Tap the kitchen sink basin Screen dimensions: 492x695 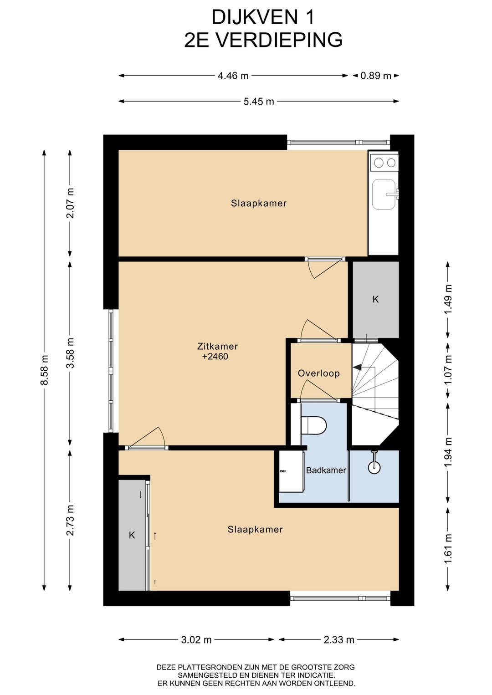click(384, 194)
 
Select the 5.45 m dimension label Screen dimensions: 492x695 click(259, 102)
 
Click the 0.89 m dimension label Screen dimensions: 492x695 click(375, 76)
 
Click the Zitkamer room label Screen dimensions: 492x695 click(217, 346)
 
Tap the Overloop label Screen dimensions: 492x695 click(319, 373)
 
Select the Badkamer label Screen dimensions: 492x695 click(326, 470)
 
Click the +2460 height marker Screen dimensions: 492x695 click(215, 356)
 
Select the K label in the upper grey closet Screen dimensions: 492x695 click(375, 299)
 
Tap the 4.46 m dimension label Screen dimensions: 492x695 click(233, 76)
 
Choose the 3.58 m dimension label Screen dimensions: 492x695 click(71, 353)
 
